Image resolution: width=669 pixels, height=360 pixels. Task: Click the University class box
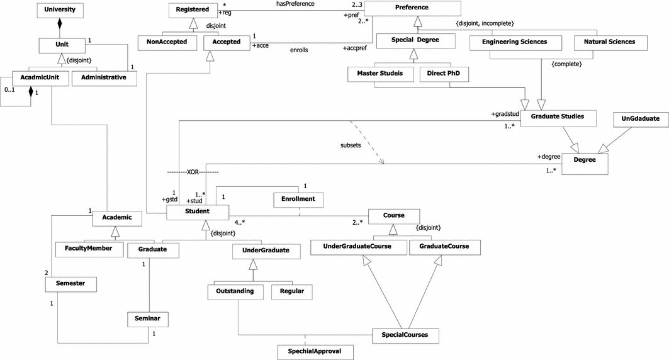click(x=60, y=11)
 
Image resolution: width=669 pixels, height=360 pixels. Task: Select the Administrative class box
click(x=104, y=77)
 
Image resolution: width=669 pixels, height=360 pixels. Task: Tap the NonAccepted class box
click(x=166, y=42)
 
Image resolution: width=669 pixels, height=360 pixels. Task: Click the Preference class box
click(x=412, y=8)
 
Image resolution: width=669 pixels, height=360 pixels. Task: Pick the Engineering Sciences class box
click(x=514, y=42)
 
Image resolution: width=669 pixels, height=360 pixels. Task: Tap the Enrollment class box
click(x=298, y=200)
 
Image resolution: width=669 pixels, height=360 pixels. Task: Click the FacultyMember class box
click(x=88, y=249)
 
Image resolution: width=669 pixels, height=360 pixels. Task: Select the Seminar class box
click(x=147, y=320)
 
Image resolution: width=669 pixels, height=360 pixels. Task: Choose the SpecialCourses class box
click(x=405, y=335)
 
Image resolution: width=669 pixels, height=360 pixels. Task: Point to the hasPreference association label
click(x=295, y=4)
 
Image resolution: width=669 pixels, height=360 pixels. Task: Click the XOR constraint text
click(x=193, y=172)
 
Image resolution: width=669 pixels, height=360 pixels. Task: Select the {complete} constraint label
click(x=566, y=64)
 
